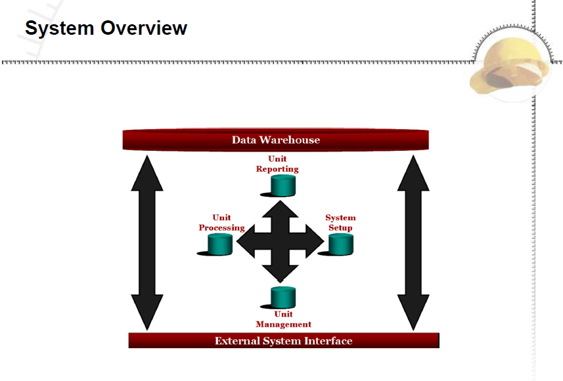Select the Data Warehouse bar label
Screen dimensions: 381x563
click(276, 140)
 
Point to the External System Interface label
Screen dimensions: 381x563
click(283, 341)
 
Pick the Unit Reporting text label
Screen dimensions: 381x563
click(277, 164)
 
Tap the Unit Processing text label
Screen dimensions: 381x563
click(221, 223)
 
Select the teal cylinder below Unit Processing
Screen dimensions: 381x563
click(220, 245)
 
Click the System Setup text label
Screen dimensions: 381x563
click(340, 223)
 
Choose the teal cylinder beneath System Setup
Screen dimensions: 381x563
click(341, 245)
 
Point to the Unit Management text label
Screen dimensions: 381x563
click(283, 319)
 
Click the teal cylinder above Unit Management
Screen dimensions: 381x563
click(283, 297)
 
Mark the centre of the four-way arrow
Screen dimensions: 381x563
click(281, 241)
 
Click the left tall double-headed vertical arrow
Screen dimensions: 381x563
click(147, 243)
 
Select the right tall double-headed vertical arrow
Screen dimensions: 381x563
click(413, 243)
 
